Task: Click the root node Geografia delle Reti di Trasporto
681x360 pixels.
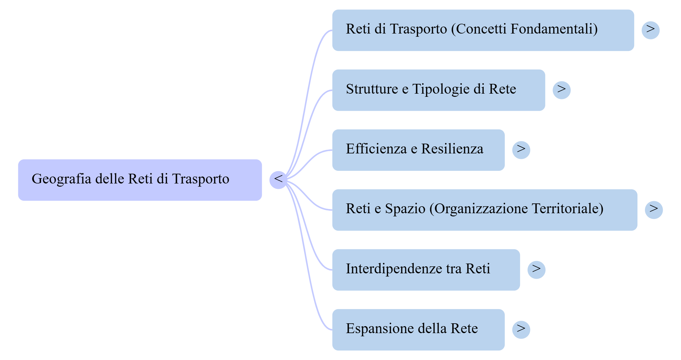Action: pos(140,180)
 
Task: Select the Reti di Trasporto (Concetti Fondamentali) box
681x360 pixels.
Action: pos(483,30)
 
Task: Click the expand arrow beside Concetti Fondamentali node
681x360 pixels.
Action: pos(650,30)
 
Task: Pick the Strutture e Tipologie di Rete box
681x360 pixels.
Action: pos(438,90)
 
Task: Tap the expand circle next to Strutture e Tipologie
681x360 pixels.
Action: pos(561,90)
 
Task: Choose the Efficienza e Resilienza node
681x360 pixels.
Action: pos(418,150)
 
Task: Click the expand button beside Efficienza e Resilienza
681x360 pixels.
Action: pos(521,150)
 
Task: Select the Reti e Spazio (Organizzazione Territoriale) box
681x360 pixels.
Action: pos(485,210)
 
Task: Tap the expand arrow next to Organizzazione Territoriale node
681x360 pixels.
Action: pos(654,210)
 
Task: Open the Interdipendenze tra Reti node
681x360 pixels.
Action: pos(426,270)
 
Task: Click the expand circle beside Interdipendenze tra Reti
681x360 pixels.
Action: pos(536,270)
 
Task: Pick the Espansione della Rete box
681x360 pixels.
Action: pos(418,330)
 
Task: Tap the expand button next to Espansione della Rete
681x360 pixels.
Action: pos(521,330)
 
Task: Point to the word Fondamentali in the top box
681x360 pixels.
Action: pos(554,29)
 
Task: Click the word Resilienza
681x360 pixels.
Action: pos(452,149)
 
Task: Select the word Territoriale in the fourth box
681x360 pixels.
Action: pos(567,209)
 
